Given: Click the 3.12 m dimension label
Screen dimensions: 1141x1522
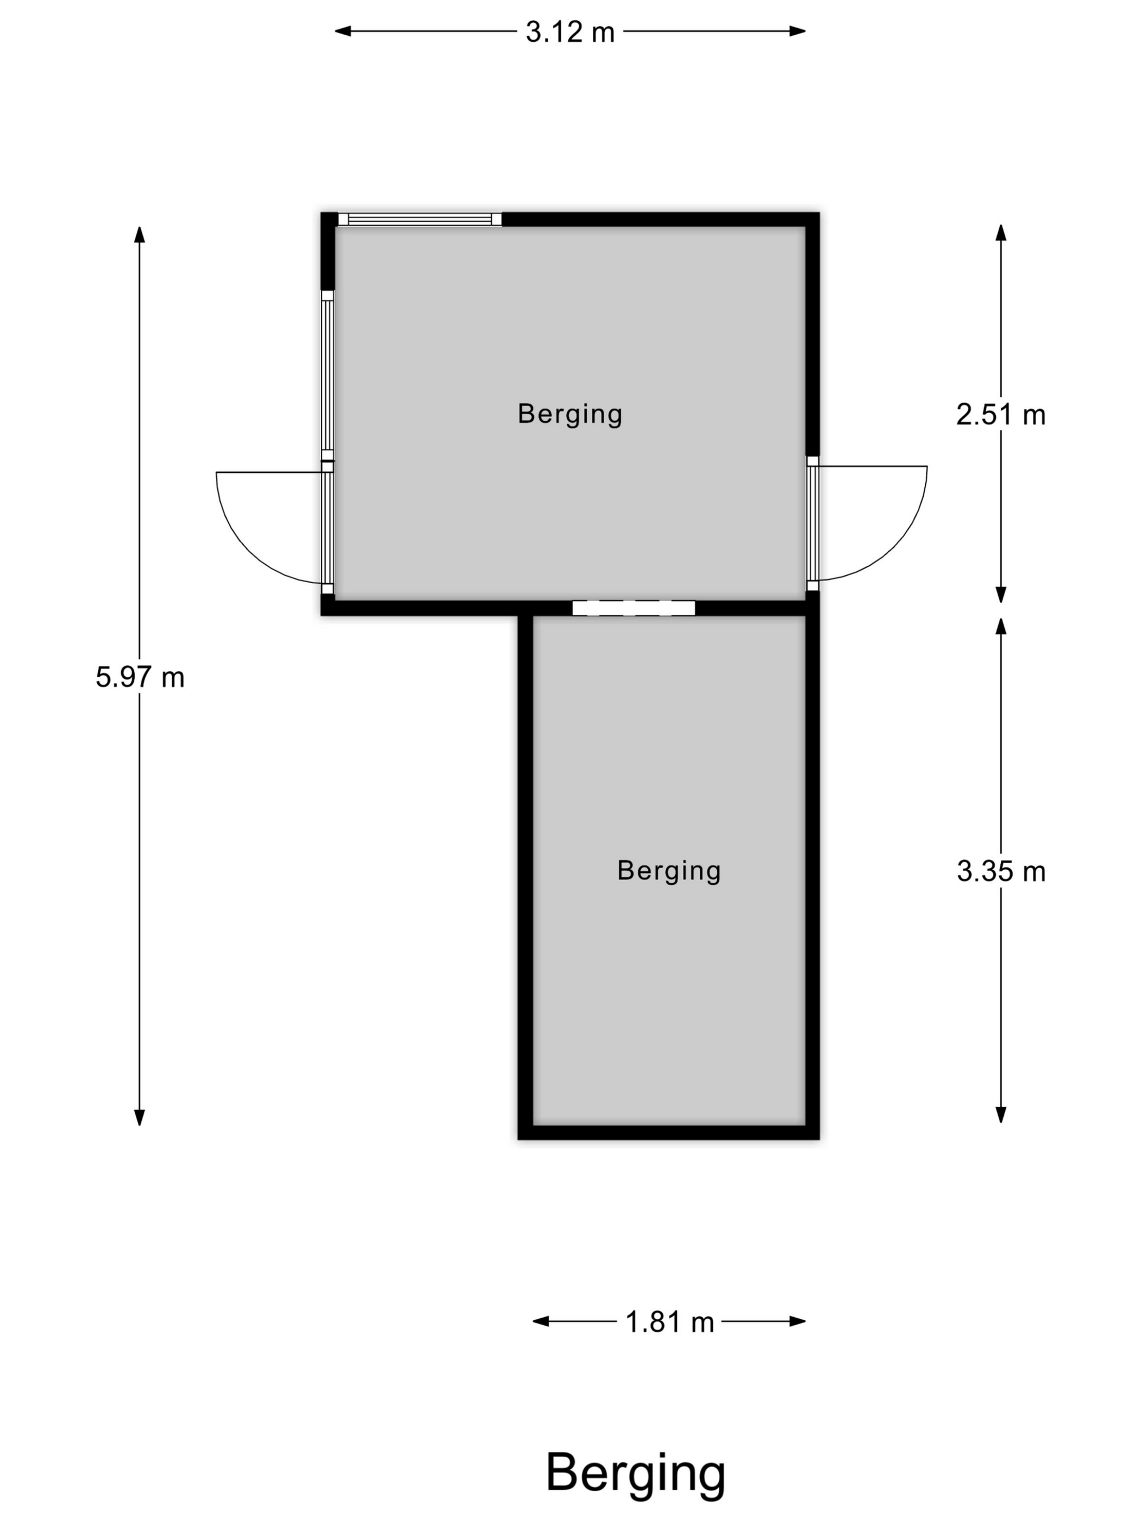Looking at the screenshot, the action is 569,32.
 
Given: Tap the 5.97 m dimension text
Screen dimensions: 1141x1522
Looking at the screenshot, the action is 140,677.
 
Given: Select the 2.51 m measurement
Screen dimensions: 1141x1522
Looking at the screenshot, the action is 1001,414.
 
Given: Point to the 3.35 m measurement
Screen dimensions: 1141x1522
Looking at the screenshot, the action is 1001,871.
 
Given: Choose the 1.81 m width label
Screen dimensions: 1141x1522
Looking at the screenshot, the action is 669,1322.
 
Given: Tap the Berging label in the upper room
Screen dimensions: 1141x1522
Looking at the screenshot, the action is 569,414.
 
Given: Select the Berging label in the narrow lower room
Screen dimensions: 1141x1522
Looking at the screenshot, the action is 668,871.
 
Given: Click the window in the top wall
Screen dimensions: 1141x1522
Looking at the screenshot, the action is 419,220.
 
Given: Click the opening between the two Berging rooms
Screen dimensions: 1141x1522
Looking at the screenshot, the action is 634,608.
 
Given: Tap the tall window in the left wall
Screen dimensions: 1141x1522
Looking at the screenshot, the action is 328,375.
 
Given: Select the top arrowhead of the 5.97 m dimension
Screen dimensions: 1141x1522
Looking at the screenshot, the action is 140,234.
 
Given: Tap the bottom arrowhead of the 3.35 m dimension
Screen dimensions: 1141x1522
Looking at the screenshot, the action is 1001,1115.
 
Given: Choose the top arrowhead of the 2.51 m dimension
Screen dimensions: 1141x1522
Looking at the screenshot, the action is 1001,233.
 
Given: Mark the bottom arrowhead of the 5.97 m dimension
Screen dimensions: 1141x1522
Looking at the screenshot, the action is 140,1118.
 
